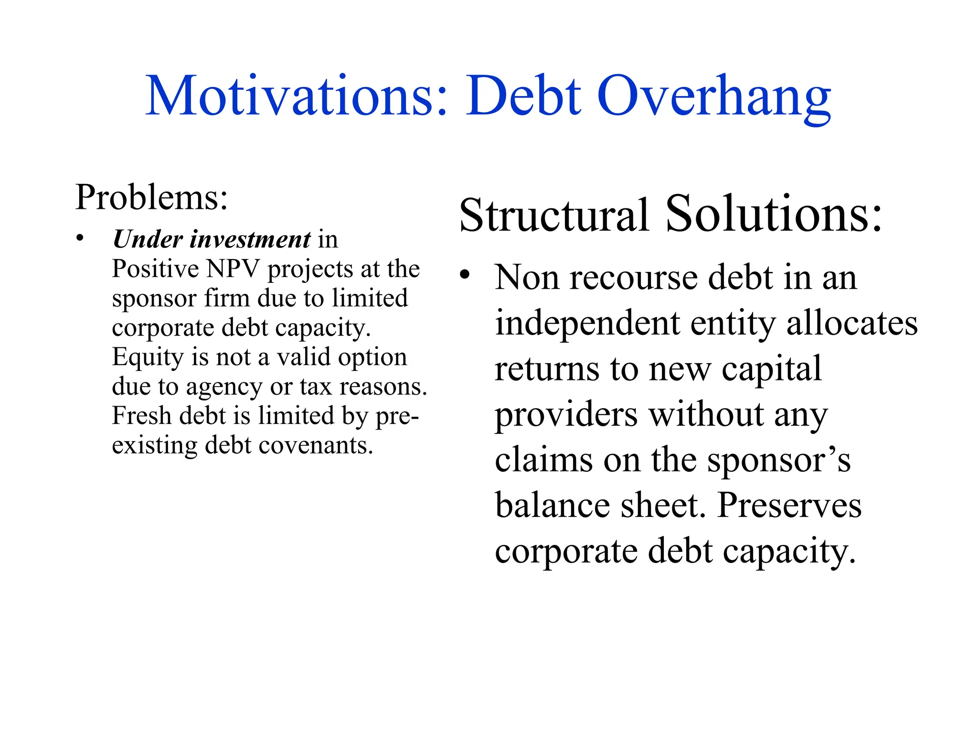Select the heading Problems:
pyautogui.click(x=151, y=197)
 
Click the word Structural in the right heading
pyautogui.click(x=554, y=215)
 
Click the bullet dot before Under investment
pyautogui.click(x=80, y=237)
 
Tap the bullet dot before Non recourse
pyautogui.click(x=465, y=276)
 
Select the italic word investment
pyautogui.click(x=250, y=239)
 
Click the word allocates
pyautogui.click(x=852, y=323)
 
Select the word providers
pyautogui.click(x=566, y=415)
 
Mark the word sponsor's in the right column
pyautogui.click(x=779, y=460)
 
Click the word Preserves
pyautogui.click(x=789, y=505)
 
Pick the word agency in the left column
pyautogui.click(x=224, y=387)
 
